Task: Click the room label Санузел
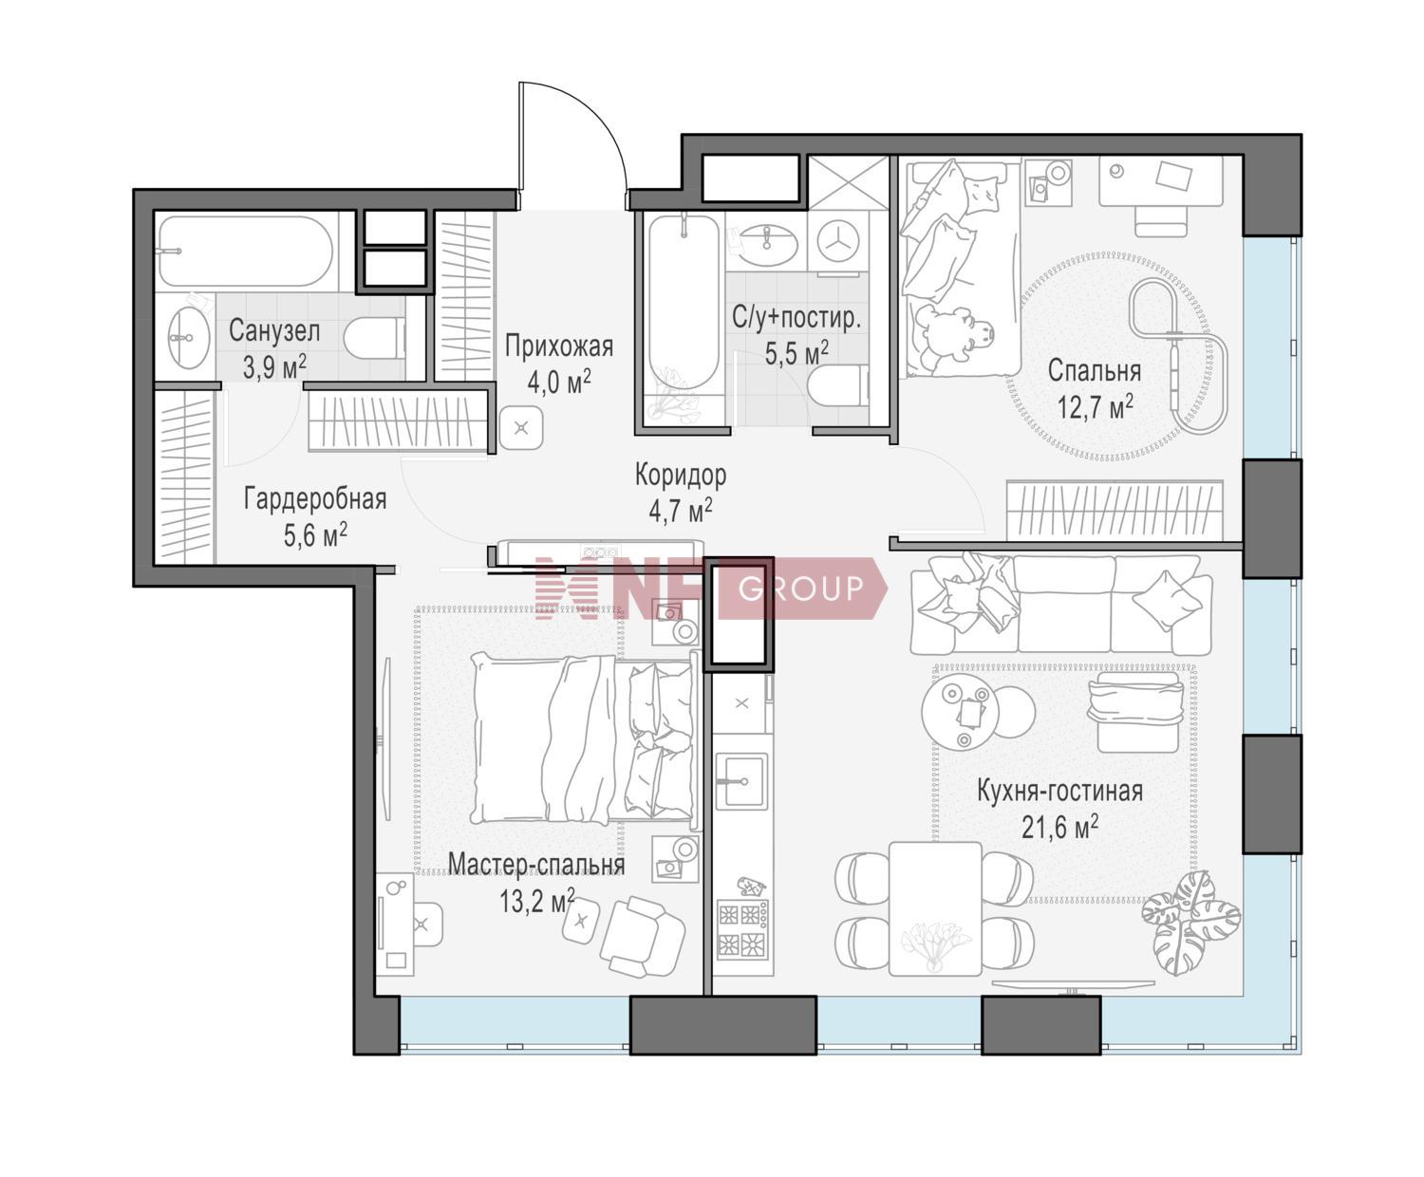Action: tap(274, 331)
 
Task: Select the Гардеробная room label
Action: tap(315, 499)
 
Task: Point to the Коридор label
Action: tap(681, 475)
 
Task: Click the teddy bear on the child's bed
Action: tap(952, 339)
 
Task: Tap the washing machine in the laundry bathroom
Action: tap(838, 241)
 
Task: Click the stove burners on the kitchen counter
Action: tap(742, 928)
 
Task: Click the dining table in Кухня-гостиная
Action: tap(935, 908)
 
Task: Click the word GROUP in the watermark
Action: tap(800, 588)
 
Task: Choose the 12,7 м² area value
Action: tap(1096, 407)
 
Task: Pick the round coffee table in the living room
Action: tap(960, 712)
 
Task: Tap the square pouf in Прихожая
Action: tap(521, 428)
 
